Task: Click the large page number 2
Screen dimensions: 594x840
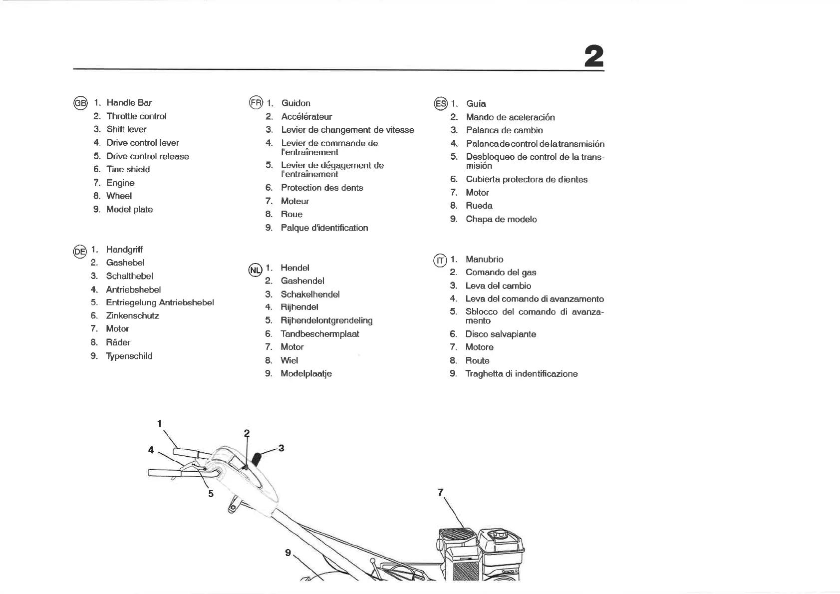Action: click(593, 56)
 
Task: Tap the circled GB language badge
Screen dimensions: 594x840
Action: click(80, 103)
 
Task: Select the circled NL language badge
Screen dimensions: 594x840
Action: click(255, 270)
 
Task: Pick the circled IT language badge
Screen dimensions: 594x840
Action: click(440, 261)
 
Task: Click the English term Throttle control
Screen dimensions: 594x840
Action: click(136, 116)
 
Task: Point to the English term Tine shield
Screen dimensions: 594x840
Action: click(128, 170)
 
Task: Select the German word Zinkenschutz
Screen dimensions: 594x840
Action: click(132, 316)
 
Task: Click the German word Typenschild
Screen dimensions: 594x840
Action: click(129, 356)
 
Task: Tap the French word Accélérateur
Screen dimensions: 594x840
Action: click(306, 117)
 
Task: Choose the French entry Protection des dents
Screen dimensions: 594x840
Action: click(322, 188)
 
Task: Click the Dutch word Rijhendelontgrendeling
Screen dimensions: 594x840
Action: click(326, 321)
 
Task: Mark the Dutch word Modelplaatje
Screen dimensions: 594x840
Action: click(306, 374)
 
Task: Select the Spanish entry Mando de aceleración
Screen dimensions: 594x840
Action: click(510, 118)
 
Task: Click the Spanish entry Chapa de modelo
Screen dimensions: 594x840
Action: click(501, 220)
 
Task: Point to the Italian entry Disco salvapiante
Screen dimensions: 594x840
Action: click(501, 334)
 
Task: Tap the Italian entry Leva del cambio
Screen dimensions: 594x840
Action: click(498, 286)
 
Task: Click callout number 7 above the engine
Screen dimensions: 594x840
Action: click(440, 492)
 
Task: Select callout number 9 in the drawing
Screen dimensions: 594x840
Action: click(288, 553)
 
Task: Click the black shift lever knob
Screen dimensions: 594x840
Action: click(258, 458)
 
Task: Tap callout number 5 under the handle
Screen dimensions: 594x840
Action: click(211, 494)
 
